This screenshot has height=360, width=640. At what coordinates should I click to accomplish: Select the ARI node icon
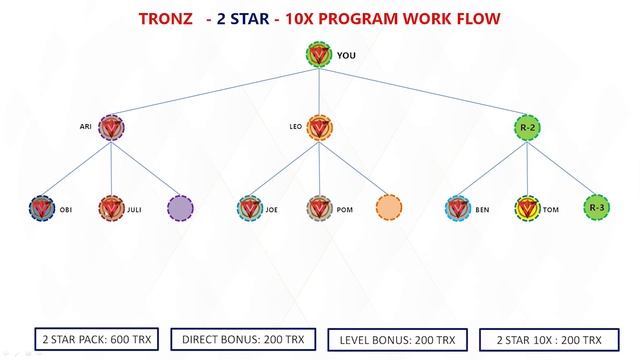click(x=112, y=128)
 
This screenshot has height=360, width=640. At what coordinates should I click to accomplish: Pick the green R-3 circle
click(x=596, y=207)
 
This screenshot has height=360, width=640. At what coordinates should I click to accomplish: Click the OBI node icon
click(x=42, y=209)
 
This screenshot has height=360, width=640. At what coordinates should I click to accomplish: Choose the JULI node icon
click(x=111, y=209)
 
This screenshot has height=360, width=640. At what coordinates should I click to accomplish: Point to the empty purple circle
click(x=181, y=208)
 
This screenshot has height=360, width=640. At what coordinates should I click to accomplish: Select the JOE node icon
click(x=250, y=209)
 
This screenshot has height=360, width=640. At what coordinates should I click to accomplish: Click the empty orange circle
click(x=389, y=208)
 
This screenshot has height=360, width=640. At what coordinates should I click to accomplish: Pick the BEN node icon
click(x=458, y=209)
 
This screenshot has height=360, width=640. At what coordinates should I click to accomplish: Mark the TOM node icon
click(x=527, y=209)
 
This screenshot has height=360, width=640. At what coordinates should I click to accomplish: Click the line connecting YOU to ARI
click(x=215, y=92)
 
